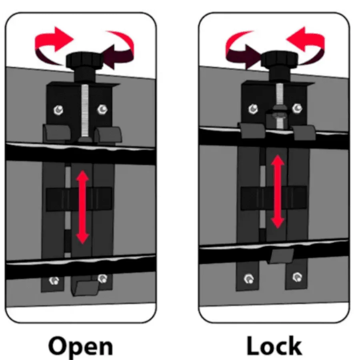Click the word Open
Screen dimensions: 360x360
click(x=80, y=346)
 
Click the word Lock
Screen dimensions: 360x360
click(x=274, y=346)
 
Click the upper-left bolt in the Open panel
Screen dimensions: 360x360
click(x=58, y=110)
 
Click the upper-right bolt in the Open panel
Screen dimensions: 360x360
click(x=102, y=109)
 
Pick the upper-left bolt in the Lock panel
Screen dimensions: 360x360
click(x=253, y=108)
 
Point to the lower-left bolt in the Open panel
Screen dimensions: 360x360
click(x=54, y=280)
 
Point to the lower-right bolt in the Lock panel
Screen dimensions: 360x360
click(x=297, y=277)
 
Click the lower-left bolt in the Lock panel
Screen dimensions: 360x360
click(x=249, y=278)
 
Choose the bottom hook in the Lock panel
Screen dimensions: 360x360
click(x=280, y=256)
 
